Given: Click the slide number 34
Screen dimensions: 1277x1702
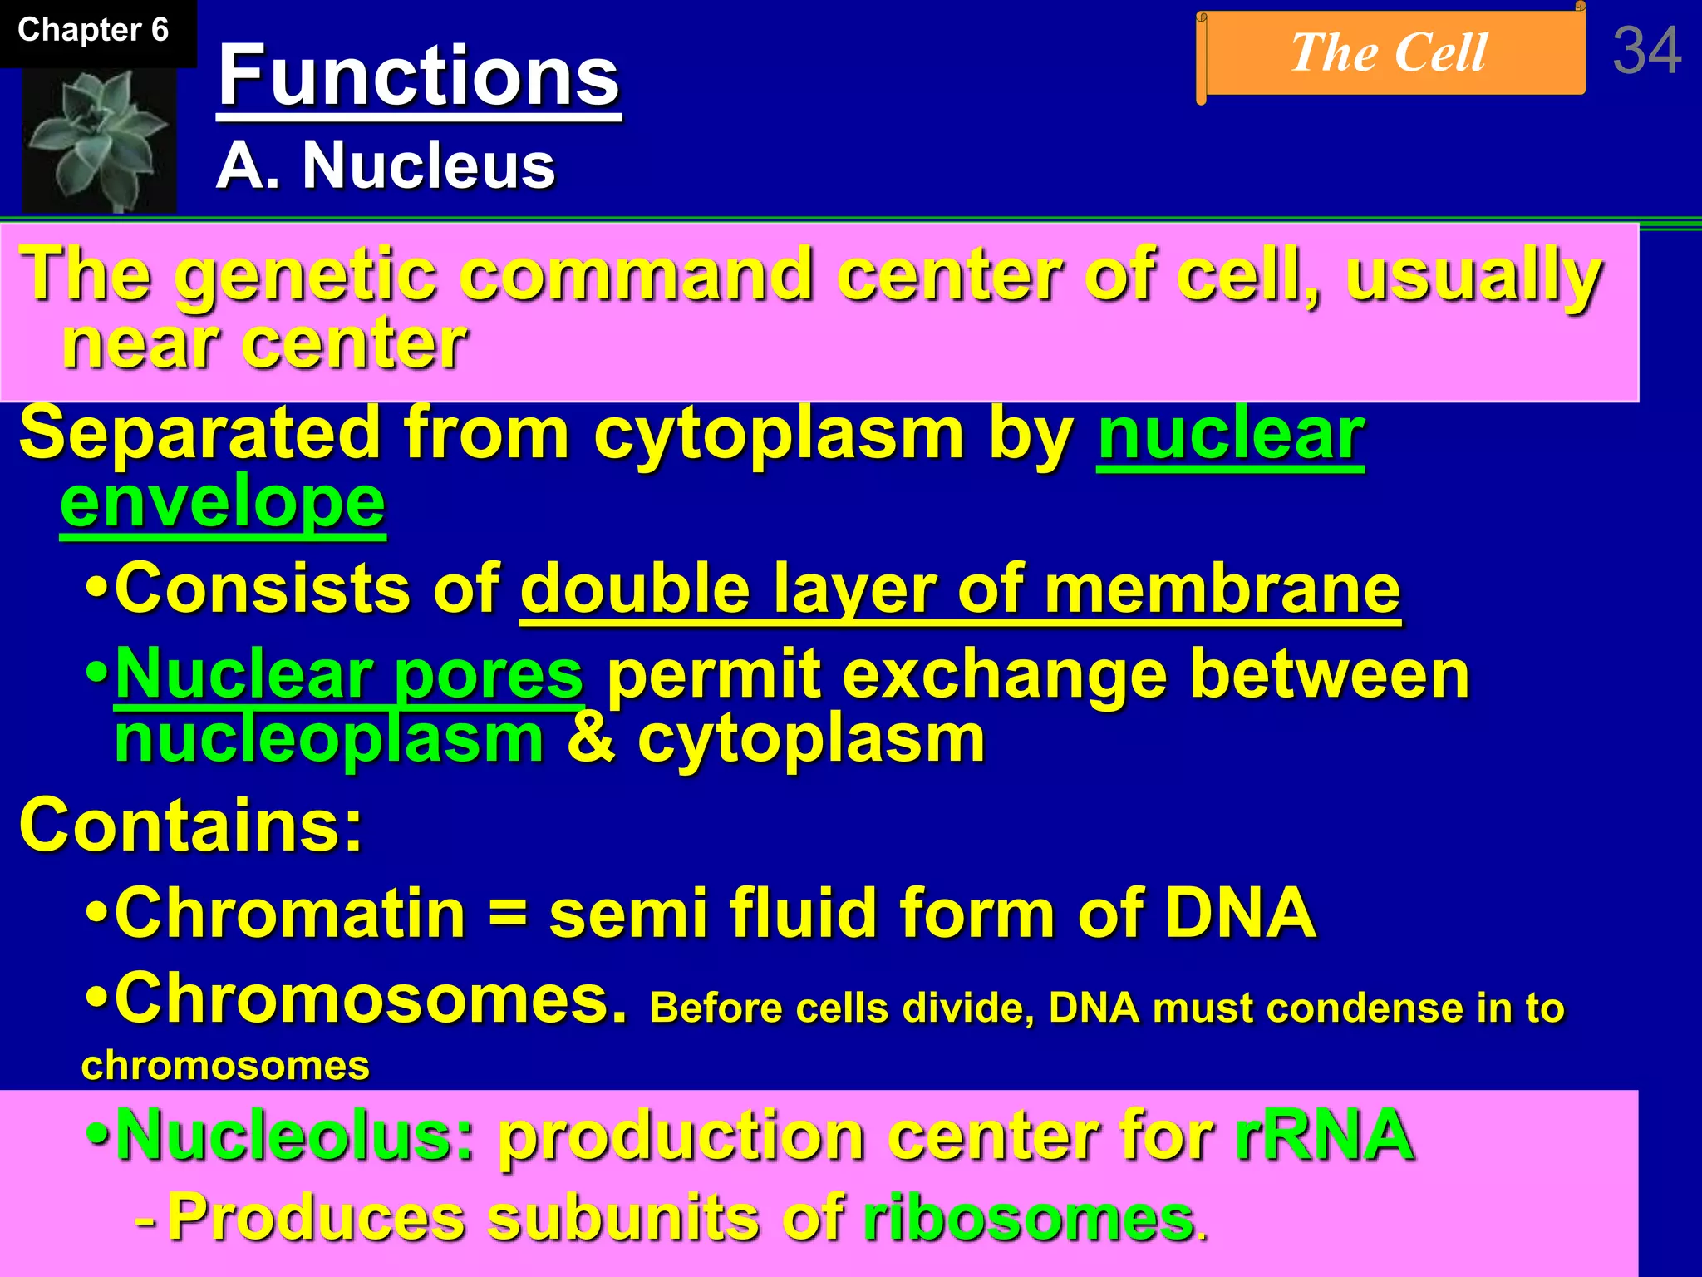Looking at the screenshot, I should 1646,52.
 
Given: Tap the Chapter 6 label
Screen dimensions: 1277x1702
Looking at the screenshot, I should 93,31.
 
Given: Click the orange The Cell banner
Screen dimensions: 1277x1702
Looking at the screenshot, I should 1390,53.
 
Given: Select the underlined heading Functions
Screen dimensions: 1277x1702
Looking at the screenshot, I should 418,76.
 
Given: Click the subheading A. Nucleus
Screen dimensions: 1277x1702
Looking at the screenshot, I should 385,165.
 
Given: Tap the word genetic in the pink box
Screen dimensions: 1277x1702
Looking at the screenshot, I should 305,276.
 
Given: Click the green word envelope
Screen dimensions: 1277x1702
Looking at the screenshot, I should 223,502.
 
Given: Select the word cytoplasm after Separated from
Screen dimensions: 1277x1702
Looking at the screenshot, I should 778,434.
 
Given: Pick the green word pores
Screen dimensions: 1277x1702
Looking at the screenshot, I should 489,674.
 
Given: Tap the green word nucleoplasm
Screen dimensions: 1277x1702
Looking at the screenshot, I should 329,739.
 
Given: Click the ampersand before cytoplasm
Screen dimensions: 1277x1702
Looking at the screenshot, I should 591,739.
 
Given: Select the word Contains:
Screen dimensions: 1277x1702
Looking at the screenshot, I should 191,826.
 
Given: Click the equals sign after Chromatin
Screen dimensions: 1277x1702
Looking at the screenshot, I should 506,914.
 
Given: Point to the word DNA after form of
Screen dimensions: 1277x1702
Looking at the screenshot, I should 1239,913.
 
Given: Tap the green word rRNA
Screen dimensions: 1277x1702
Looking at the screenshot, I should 1324,1136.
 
